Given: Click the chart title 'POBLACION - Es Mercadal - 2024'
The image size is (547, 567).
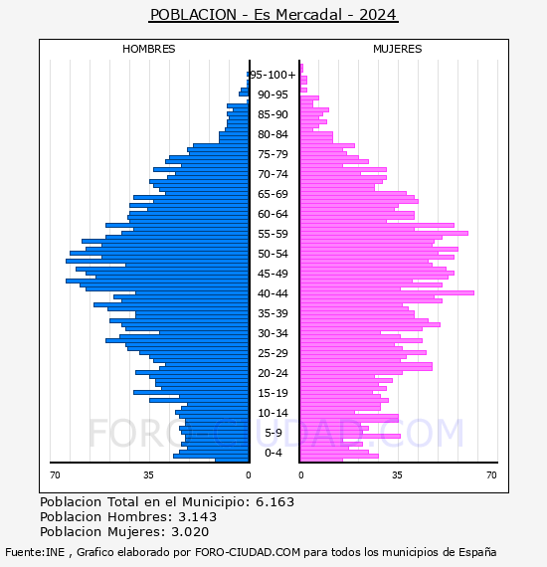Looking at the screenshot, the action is (273, 15).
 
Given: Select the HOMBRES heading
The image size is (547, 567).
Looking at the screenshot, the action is (148, 49).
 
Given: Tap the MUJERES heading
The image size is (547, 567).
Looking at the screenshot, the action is (398, 49).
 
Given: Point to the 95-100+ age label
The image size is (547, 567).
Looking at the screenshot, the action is (273, 75).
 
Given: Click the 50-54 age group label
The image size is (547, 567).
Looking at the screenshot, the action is (273, 254).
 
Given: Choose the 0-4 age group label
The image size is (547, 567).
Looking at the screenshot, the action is (273, 453).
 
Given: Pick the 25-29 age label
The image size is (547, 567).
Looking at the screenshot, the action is (273, 353).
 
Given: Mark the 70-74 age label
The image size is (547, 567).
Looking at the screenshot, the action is (273, 174).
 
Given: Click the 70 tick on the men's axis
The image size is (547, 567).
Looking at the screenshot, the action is (55, 475).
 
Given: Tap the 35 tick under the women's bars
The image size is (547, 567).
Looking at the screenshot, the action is (398, 475).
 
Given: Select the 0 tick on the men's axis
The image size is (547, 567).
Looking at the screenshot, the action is (249, 475).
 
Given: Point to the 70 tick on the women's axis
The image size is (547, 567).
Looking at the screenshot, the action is (491, 475).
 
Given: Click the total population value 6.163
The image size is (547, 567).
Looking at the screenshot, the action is (274, 502).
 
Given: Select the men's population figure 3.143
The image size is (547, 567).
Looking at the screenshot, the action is (197, 516).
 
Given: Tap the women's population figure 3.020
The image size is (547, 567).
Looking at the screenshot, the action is (190, 531).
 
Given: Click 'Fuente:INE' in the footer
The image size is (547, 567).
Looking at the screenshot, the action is (35, 552).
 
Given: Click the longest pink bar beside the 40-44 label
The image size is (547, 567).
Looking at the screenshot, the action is (387, 292).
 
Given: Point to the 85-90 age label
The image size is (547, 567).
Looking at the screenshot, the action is (273, 114).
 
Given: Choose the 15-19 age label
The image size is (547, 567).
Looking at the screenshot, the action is (273, 393).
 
